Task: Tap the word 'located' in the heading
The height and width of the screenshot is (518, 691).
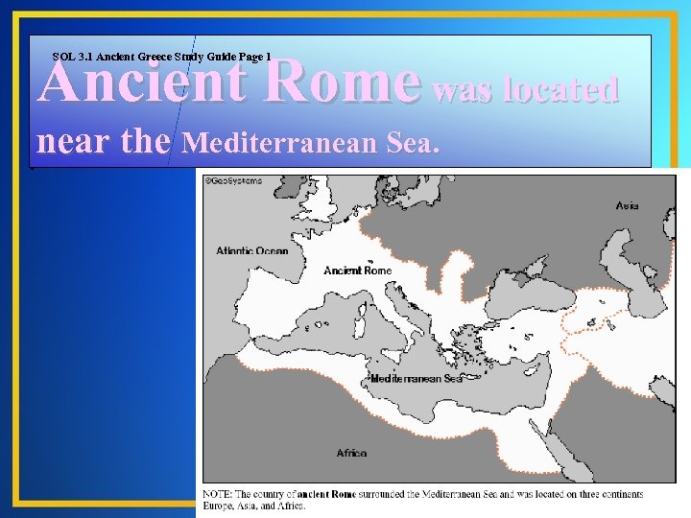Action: [x=560, y=90]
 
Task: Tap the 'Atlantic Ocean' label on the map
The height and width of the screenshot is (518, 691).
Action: [x=251, y=251]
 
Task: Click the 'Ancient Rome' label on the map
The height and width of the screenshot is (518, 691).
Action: [x=358, y=271]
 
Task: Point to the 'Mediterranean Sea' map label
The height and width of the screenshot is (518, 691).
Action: [x=416, y=378]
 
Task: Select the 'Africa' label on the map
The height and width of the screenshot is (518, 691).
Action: [x=351, y=453]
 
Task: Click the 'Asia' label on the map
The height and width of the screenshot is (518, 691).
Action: [x=628, y=205]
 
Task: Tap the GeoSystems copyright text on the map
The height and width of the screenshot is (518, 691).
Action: [x=233, y=181]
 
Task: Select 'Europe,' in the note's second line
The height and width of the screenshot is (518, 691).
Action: [x=220, y=506]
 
